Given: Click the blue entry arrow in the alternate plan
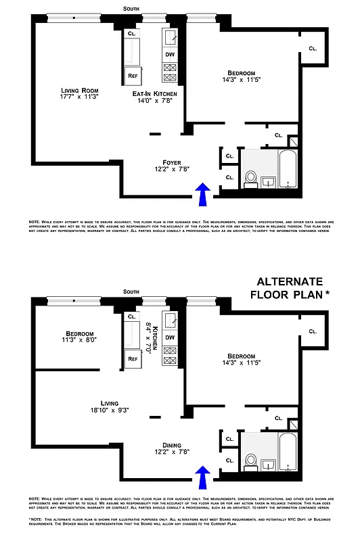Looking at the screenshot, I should point(202,477).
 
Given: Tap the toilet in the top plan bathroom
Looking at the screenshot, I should point(250,178).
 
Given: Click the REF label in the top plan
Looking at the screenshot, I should point(133,76).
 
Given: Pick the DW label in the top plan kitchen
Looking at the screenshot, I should point(170,55).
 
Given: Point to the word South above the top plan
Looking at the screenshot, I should point(133,8).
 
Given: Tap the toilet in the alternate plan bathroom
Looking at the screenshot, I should point(250,461).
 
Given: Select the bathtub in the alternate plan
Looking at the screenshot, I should point(288,452).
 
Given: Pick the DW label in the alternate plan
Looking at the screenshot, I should point(170,338).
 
